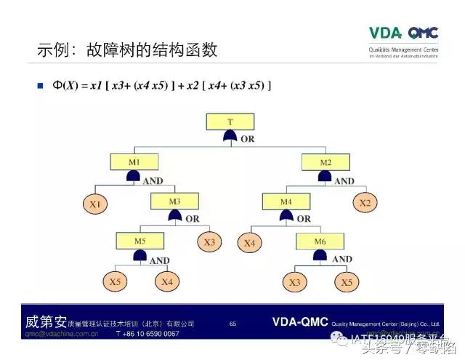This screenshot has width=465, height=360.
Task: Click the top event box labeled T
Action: tap(230, 122)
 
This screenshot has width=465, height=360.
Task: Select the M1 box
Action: tap(134, 161)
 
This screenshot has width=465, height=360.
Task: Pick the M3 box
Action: tap(174, 201)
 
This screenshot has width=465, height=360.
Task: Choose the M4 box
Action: tap(286, 201)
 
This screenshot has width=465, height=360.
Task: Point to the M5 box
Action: tap(139, 241)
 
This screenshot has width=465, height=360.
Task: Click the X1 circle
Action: tap(95, 205)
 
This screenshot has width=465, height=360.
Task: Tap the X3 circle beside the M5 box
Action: tap(209, 242)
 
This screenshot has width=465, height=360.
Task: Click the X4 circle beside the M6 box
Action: tap(250, 243)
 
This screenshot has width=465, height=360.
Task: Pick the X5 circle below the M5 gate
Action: tap(115, 282)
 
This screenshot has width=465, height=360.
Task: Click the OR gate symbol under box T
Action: tap(230, 136)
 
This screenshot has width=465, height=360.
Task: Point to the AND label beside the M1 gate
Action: tap(153, 180)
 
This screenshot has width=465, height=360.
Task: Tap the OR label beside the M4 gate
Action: tap(303, 219)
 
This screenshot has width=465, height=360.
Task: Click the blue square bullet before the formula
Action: tap(41, 87)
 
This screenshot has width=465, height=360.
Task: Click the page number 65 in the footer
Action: tap(232, 323)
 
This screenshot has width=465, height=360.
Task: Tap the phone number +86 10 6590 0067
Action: tap(147, 333)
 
